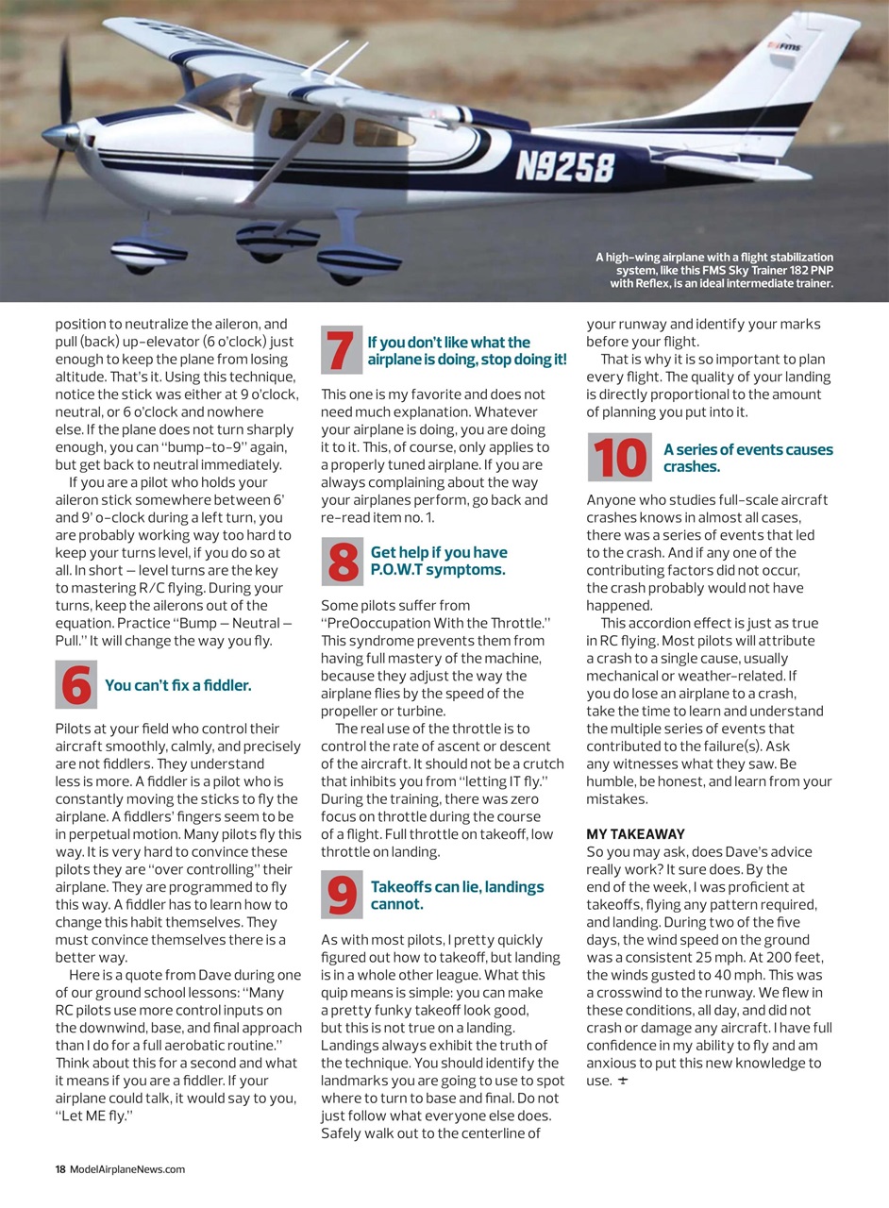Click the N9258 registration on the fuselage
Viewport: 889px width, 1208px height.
564,167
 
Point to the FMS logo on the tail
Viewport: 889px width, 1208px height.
784,46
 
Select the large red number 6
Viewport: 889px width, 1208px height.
75,684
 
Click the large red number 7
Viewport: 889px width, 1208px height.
341,350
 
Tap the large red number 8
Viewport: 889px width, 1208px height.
342,561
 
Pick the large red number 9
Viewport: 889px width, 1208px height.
342,895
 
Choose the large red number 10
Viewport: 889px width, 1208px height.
619,458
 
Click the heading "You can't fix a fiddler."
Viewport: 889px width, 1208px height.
177,685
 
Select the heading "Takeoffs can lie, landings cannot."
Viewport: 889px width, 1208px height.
457,895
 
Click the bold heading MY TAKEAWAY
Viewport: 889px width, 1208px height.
635,834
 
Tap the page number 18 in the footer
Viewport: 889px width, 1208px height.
59,1169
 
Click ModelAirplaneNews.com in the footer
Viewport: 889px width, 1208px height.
127,1169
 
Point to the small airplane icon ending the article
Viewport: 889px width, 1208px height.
623,1081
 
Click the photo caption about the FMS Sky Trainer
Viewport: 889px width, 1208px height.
714,270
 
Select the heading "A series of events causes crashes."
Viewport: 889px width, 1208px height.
747,458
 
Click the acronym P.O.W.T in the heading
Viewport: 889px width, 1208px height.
402,569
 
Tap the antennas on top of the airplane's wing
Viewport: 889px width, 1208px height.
335,59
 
